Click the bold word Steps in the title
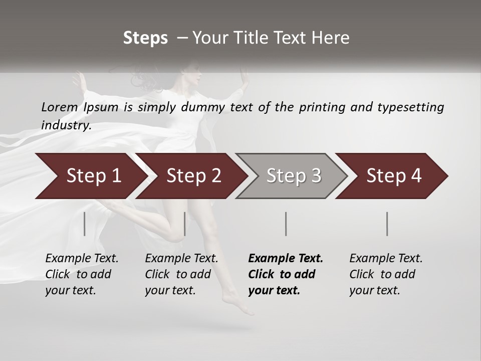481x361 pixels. (x=145, y=38)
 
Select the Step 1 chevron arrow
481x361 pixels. (x=90, y=176)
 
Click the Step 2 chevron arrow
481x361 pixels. (x=191, y=176)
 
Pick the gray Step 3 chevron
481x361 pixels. (x=291, y=176)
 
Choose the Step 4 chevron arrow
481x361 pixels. (x=391, y=176)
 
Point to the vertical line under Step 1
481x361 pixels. (x=85, y=224)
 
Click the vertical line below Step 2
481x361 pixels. (x=185, y=224)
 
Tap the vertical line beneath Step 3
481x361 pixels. (x=286, y=224)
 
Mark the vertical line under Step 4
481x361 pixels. (x=387, y=224)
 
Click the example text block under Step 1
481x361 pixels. (x=82, y=274)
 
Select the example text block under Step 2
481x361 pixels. (x=181, y=274)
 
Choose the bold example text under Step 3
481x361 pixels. (x=286, y=274)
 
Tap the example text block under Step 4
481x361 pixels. (x=386, y=274)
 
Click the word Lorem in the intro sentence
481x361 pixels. (x=60, y=107)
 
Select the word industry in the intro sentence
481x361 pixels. (x=66, y=125)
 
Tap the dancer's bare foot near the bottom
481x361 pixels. (x=237, y=303)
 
